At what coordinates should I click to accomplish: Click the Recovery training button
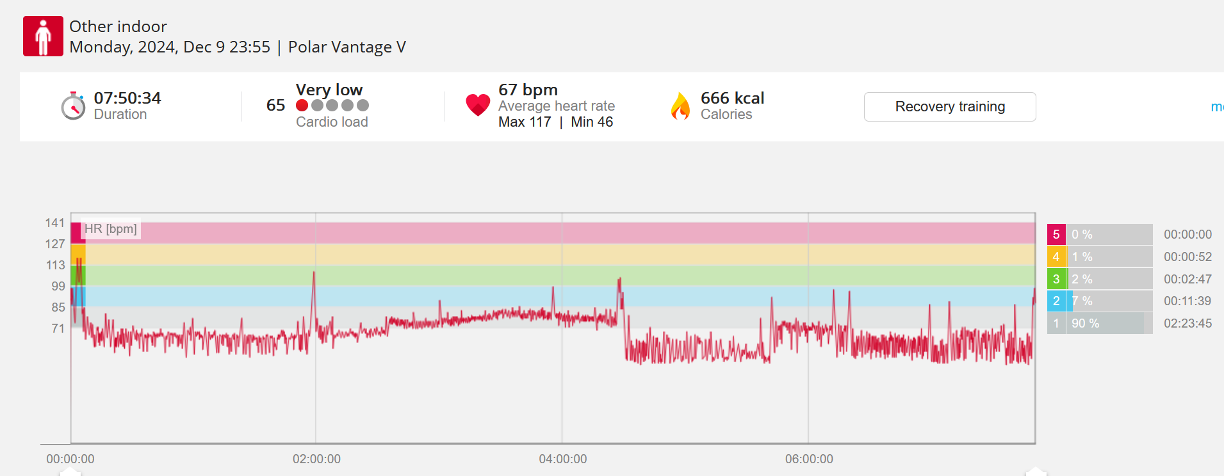pos(949,107)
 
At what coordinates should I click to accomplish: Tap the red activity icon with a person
pos(43,36)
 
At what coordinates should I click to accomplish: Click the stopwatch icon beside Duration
pos(73,106)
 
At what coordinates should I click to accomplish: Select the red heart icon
pos(478,105)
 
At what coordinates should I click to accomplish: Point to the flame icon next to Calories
pos(680,106)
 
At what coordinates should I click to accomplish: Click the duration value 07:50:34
pos(127,98)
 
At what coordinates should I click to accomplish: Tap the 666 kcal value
pos(732,98)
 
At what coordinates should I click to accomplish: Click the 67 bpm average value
pos(528,90)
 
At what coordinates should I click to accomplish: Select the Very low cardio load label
pos(329,90)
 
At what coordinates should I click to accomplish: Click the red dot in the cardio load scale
pos(302,106)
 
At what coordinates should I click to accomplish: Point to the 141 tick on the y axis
pos(55,223)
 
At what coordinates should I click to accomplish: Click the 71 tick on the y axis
pos(58,328)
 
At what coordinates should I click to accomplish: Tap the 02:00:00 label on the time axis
pos(316,459)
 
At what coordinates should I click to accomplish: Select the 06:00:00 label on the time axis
pos(809,459)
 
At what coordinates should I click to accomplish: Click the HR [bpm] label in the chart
pos(111,229)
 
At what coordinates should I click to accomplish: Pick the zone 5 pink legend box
pos(1056,234)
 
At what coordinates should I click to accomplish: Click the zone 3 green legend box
pos(1056,279)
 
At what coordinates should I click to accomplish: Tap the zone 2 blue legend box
pos(1056,301)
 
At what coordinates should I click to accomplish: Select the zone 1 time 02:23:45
pos(1187,323)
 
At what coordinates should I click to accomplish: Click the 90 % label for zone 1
pos(1085,323)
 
